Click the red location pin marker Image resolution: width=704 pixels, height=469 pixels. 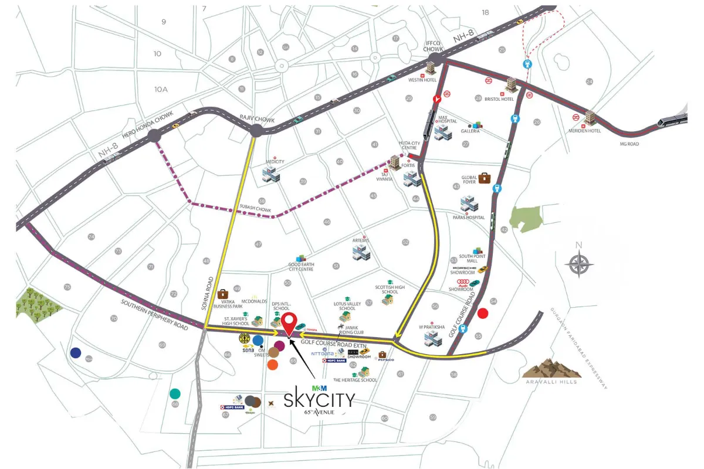(x=289, y=323)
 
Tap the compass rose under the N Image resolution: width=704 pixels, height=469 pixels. (x=579, y=264)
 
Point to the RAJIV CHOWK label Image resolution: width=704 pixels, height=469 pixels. (x=253, y=118)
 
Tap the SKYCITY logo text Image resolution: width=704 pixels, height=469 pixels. (x=319, y=400)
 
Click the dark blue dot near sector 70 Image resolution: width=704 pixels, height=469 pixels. (x=76, y=352)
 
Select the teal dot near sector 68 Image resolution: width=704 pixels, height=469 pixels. (x=175, y=393)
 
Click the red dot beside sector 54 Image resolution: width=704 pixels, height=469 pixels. (x=483, y=313)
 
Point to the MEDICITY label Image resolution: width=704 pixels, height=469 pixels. (x=275, y=162)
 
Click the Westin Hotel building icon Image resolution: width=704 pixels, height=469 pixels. (x=433, y=69)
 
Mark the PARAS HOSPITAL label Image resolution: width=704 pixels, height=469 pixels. (x=468, y=217)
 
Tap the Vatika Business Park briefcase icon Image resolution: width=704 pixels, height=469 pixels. (x=223, y=294)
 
